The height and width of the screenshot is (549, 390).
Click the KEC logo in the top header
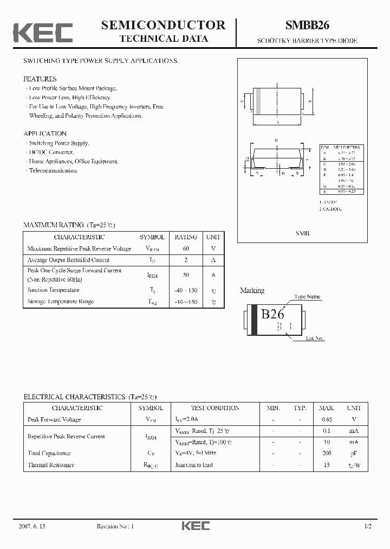43,32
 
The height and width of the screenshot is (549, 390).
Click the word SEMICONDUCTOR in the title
163,24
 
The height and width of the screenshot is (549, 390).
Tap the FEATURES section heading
40,79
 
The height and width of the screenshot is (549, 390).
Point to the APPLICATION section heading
45,133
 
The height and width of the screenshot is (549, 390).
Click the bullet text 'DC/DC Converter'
51,152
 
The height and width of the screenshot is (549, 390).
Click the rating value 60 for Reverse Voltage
186,248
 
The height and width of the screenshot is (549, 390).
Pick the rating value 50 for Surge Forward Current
186,275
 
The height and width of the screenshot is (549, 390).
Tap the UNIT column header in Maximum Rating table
213,237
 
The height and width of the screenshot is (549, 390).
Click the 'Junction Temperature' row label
53,290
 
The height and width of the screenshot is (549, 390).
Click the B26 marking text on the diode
273,314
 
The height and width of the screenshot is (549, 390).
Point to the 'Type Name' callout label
307,297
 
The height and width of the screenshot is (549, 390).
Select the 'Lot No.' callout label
315,338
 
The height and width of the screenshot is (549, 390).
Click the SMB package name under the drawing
302,232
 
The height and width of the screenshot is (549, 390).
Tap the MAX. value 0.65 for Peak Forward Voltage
326,419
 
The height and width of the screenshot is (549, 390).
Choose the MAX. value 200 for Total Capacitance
326,453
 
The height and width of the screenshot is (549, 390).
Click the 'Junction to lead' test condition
193,465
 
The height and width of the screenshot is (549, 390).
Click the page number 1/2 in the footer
368,526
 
